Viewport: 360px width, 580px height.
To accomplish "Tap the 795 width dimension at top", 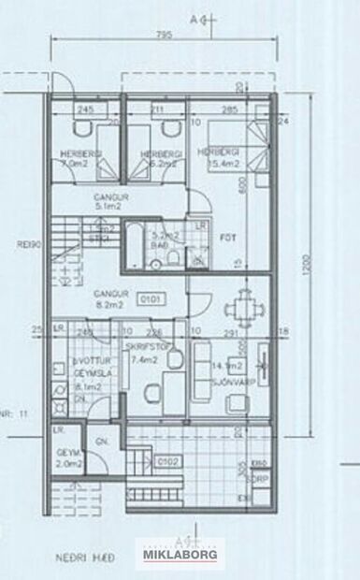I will pyautogui.click(x=163, y=36).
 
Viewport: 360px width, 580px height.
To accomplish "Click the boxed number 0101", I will pyautogui.click(x=149, y=300).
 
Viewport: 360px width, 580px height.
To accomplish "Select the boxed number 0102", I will pyautogui.click(x=167, y=460).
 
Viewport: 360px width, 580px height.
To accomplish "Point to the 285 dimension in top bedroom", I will pyautogui.click(x=229, y=110).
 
